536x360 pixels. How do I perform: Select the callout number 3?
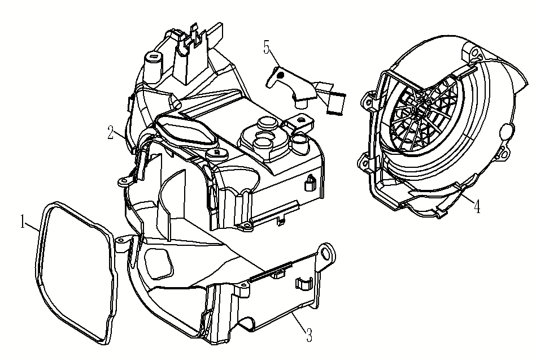309,335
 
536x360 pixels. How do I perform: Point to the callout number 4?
477,207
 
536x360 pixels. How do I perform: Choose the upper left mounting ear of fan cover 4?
368,100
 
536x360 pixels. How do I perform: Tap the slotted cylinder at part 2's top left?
152,60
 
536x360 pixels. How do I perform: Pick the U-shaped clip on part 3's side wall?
302,285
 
